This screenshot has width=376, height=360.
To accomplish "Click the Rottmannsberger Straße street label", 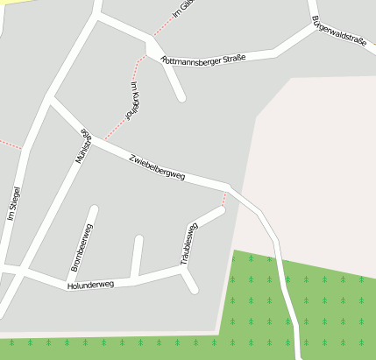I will coord(203,59).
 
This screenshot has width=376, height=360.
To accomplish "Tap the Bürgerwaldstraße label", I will coord(338,29).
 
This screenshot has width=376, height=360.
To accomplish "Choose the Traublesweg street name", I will coord(189,244).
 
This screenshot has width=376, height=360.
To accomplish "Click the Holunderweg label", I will coord(90,285).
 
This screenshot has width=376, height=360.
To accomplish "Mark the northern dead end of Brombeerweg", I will coord(94,209).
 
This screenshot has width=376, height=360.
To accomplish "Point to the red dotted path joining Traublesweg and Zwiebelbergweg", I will coord(224,200).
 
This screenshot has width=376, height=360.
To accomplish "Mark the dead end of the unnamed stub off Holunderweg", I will coord(138,238).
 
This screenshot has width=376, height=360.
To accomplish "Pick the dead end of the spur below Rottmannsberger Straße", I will coord(182,97).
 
